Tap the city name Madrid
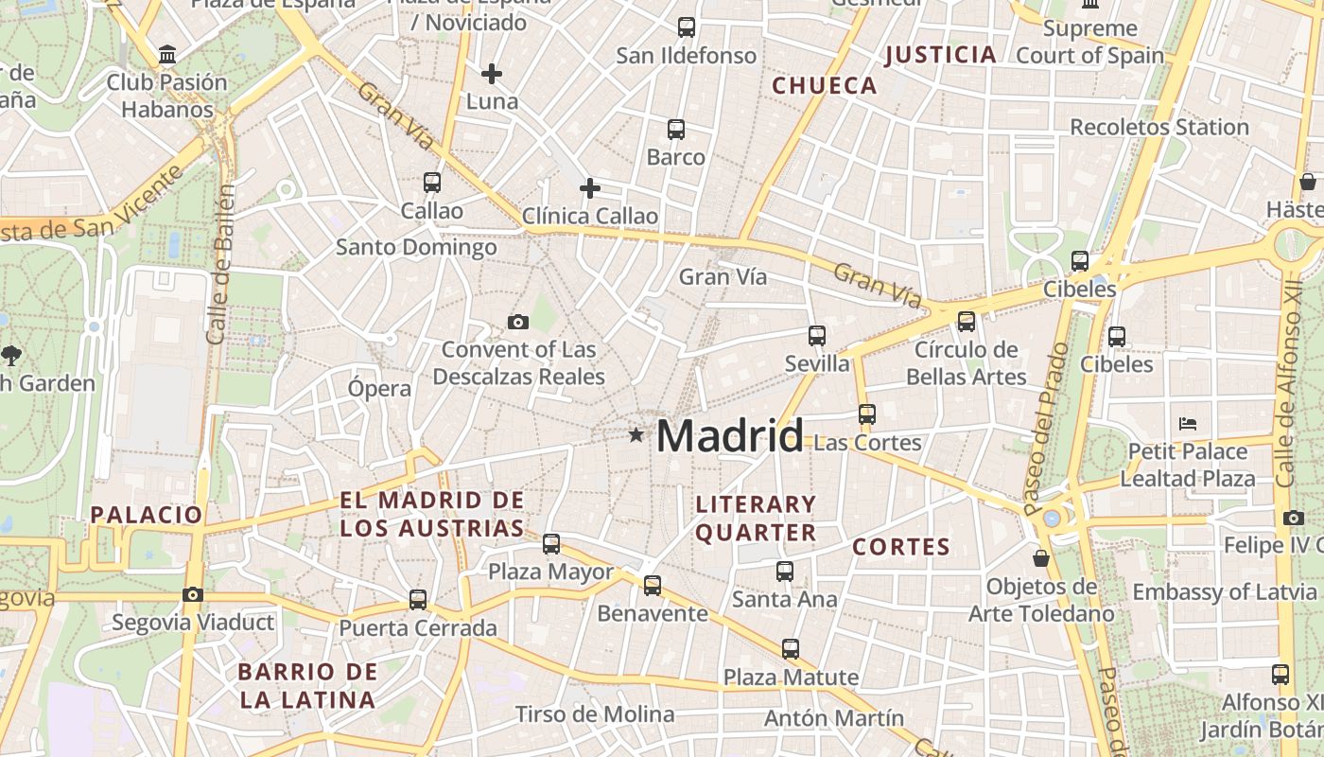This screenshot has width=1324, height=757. (x=729, y=436)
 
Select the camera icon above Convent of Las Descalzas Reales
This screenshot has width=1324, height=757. (x=517, y=323)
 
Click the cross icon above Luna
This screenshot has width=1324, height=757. (x=492, y=73)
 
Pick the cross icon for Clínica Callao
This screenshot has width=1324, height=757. (x=590, y=188)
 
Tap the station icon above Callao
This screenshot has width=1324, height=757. (x=432, y=182)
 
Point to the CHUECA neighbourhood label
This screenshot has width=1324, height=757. (x=825, y=86)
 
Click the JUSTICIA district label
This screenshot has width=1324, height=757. (x=940, y=55)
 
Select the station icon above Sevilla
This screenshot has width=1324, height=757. (x=817, y=335)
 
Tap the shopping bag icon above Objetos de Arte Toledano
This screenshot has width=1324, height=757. (x=1041, y=558)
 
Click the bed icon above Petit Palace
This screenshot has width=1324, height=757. (x=1189, y=423)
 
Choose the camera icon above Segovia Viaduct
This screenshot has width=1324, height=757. (x=193, y=594)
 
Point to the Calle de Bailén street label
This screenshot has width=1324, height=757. (x=220, y=264)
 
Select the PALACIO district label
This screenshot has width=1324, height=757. (x=147, y=515)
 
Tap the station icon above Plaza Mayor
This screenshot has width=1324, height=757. (x=551, y=544)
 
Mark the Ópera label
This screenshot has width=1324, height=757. (x=379, y=388)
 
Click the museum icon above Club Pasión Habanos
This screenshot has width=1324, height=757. (x=167, y=55)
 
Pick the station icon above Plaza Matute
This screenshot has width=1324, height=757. (x=791, y=649)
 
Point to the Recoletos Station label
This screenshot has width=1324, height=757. (x=1159, y=127)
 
